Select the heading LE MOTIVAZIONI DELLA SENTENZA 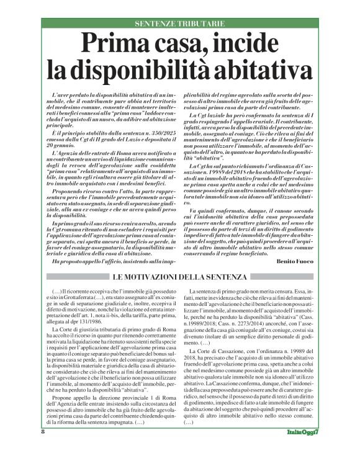coord(180,276)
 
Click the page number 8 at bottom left coord(42,449)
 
